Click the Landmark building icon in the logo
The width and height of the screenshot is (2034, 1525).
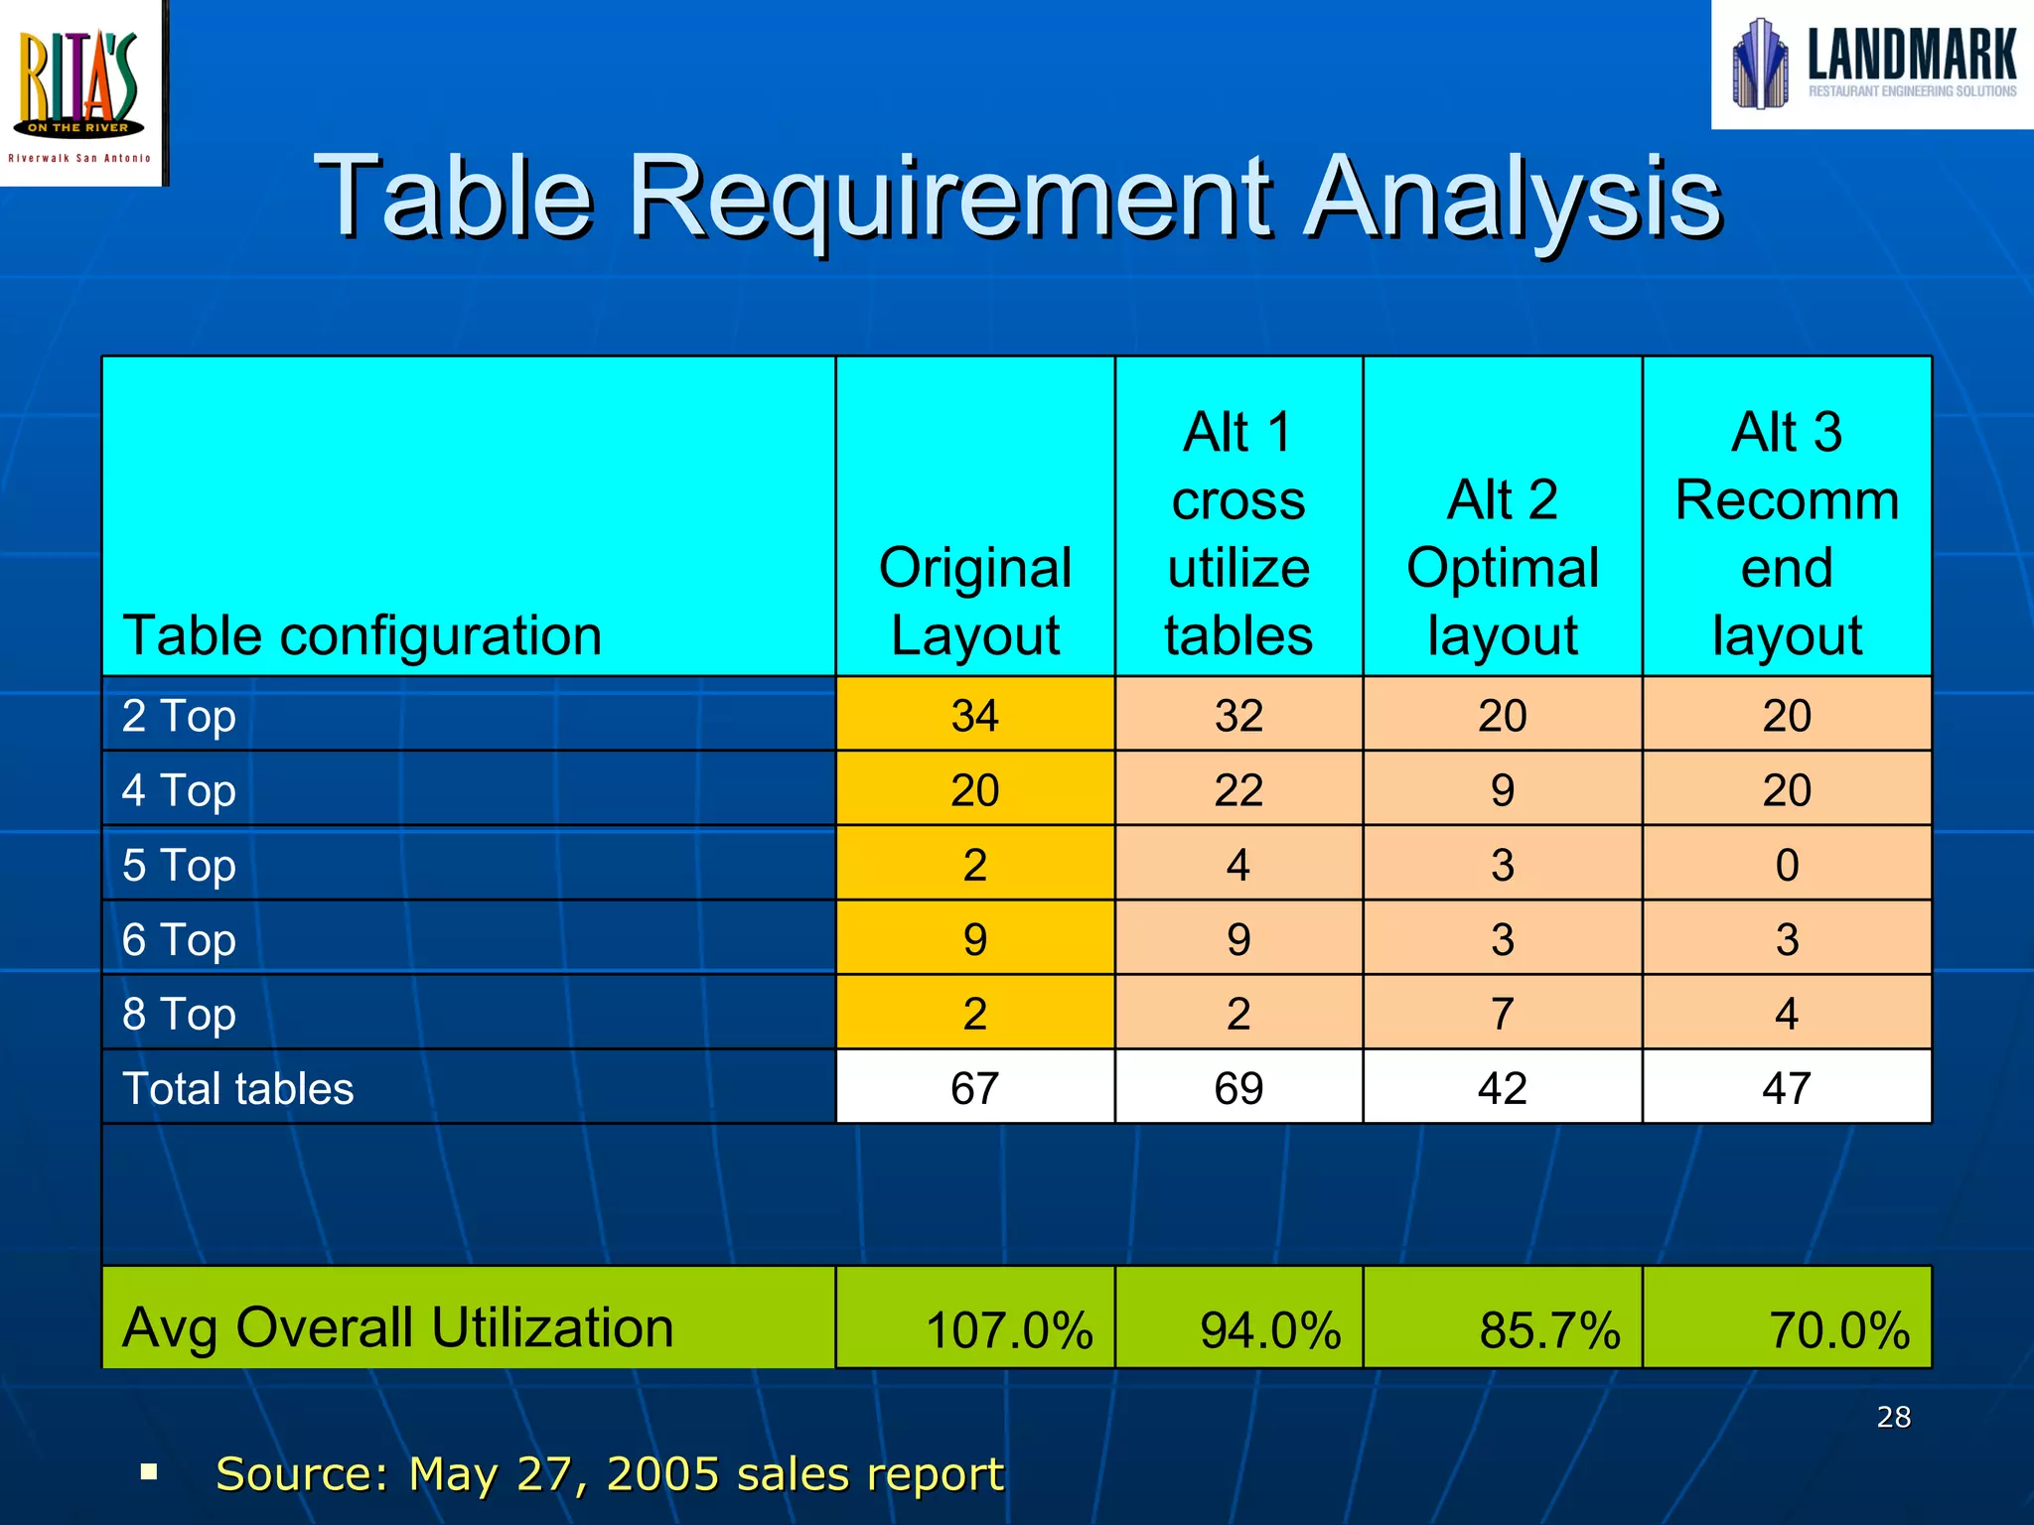coord(1760,64)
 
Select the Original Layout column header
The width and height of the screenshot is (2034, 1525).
coord(974,601)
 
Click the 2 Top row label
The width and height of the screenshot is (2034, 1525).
coord(179,716)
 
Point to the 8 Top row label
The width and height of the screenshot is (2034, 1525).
coord(179,1014)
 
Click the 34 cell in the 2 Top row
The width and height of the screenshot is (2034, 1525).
coord(974,716)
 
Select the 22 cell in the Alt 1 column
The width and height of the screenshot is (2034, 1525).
coord(1237,790)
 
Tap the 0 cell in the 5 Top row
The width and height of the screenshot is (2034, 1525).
coord(1786,865)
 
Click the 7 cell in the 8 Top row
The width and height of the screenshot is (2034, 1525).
coord(1502,1014)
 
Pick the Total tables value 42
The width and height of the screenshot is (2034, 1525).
coord(1502,1088)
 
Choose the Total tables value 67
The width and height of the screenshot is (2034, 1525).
coord(974,1088)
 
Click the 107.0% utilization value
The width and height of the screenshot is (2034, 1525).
coord(1008,1330)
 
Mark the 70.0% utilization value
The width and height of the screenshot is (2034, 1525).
coord(1838,1330)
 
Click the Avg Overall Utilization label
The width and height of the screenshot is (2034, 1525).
coord(397,1327)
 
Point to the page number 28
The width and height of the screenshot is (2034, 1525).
coord(1893,1417)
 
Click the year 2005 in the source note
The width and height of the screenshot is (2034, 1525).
coord(662,1473)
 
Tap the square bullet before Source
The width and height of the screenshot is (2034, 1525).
coord(150,1470)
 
